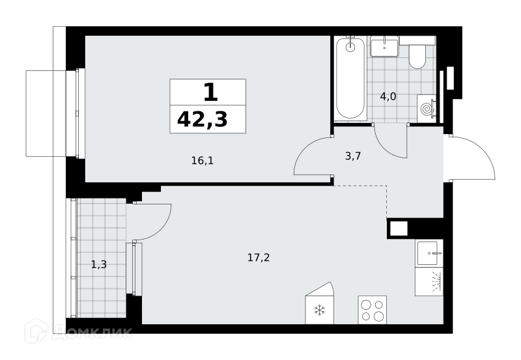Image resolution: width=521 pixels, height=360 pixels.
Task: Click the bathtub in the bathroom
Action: (x=350, y=79)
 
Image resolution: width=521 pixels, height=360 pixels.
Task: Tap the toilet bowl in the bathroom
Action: (x=417, y=57)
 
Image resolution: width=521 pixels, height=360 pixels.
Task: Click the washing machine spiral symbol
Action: (x=427, y=109)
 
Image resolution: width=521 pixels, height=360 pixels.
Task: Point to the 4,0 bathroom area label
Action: (x=388, y=96)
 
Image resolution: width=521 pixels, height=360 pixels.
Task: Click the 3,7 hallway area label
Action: (x=353, y=156)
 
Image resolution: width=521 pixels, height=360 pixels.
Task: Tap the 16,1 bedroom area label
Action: (x=203, y=161)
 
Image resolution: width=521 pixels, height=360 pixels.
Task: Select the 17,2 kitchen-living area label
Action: (x=259, y=257)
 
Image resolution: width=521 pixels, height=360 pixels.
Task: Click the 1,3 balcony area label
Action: (x=99, y=265)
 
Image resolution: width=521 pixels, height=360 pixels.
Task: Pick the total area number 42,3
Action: (x=203, y=120)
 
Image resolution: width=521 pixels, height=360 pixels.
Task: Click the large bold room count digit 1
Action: (x=210, y=92)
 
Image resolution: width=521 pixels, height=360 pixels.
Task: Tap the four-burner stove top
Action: (x=372, y=310)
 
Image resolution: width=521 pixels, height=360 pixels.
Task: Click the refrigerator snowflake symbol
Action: (x=319, y=310)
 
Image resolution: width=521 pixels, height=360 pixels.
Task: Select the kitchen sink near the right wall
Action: (x=429, y=253)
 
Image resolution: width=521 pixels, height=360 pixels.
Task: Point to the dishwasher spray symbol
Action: (x=436, y=282)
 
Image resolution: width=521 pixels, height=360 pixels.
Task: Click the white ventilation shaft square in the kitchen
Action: (x=399, y=228)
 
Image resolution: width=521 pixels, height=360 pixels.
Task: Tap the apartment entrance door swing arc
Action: (x=483, y=148)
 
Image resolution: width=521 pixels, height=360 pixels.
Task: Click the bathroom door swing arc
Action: (x=382, y=146)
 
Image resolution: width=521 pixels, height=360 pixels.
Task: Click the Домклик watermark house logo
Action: (x=36, y=331)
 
